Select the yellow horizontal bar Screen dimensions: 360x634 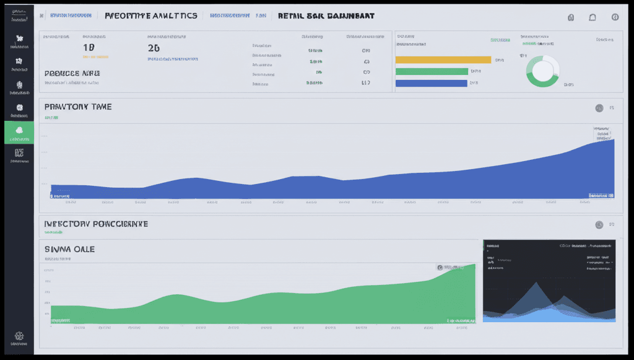443,59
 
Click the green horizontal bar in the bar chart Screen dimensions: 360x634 432,71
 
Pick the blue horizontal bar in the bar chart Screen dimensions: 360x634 432,82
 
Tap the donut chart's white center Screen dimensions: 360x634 542,71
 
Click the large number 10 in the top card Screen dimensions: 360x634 89,48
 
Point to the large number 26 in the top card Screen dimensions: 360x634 154,48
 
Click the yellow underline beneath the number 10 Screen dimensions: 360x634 89,59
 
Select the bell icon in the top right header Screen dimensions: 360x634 593,17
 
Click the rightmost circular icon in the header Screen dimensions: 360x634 615,17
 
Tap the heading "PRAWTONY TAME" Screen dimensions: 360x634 78,107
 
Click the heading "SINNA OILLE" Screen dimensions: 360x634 69,248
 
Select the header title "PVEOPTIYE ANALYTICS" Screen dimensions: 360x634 151,15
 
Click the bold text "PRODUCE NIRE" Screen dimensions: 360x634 72,73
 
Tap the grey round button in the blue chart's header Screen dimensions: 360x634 599,108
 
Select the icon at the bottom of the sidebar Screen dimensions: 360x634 19,336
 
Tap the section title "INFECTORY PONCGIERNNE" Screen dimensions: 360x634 95,224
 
